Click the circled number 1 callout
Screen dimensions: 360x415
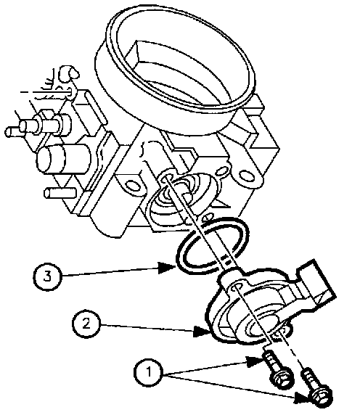coord(148,372)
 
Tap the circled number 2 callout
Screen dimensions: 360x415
coord(86,324)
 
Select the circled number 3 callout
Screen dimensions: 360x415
coord(47,276)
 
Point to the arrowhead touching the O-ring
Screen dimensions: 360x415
coord(167,268)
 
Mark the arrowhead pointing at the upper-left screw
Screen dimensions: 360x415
coord(255,361)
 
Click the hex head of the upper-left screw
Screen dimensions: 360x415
coord(282,379)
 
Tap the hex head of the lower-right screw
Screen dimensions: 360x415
coord(322,397)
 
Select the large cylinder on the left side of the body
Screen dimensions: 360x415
coord(64,159)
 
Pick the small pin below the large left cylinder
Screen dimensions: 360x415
coord(60,193)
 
